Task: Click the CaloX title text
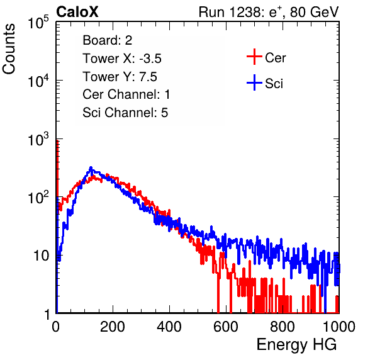tap(77, 12)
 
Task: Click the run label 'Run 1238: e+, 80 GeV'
tap(269, 12)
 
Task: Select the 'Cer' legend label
tap(275, 58)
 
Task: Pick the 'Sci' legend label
tap(274, 84)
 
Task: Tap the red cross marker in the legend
tap(254, 57)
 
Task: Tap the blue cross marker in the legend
tap(254, 82)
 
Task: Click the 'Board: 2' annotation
tap(108, 40)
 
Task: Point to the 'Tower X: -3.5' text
tap(122, 59)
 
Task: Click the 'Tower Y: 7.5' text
tap(120, 77)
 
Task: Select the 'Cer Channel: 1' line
tap(126, 94)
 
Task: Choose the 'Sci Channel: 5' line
tap(125, 113)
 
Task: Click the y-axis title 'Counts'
tap(9, 49)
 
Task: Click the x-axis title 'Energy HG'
tap(296, 345)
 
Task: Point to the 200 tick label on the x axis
tap(113, 327)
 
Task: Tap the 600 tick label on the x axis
tap(226, 327)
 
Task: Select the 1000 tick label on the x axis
tap(339, 327)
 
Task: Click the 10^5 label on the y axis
tap(38, 22)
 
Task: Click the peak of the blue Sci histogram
tap(91, 167)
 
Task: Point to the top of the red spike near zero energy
tap(57, 140)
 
